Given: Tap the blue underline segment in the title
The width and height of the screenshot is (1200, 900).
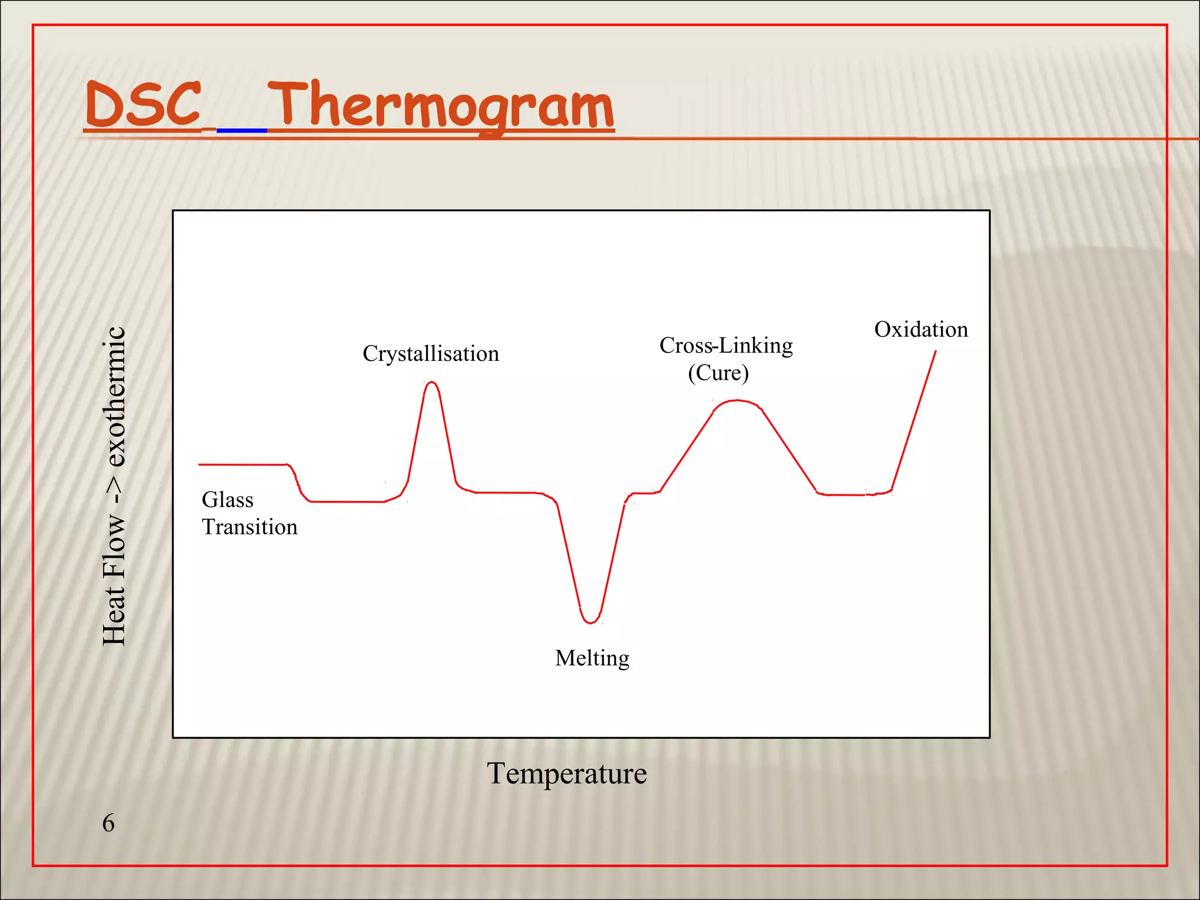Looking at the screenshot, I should pos(241,130).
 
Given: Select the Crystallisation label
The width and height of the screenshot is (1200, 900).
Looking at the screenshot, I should pos(431,354).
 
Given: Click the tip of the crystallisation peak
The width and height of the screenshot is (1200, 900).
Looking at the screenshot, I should pos(432,383).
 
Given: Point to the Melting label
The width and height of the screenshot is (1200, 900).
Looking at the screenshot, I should pos(592,658).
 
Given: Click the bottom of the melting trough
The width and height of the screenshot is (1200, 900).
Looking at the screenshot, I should pos(591,623).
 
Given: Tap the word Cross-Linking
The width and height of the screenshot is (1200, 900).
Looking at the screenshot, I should pos(725,346).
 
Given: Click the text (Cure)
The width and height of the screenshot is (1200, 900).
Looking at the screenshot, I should pos(718,373).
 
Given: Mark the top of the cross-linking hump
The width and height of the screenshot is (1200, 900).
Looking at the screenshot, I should pos(738,401).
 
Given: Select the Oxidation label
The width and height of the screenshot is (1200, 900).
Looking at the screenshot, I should pos(921,329).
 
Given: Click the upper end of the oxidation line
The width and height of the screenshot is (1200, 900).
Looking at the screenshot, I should pos(935,352).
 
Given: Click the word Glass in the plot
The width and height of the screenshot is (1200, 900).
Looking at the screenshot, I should pos(227,500).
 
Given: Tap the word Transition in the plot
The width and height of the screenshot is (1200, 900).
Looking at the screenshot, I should pos(250,527).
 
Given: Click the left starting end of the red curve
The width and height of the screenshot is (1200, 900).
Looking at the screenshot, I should pos(200,465).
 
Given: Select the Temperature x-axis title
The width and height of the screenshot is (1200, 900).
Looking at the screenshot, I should pos(567,773).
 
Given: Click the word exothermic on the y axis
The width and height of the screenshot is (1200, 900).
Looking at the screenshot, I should pos(114,397).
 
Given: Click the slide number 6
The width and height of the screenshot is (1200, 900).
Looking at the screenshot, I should pos(108,823).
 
